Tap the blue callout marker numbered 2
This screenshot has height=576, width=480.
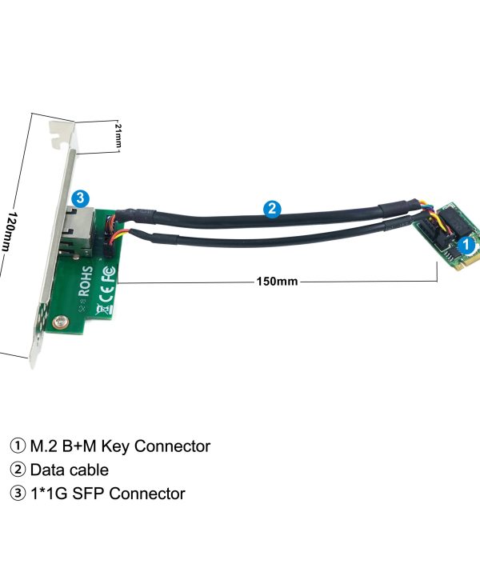point(273,210)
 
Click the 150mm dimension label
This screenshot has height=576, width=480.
point(277,282)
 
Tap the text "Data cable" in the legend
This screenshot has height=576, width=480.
point(69,470)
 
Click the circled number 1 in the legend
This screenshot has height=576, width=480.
point(18,446)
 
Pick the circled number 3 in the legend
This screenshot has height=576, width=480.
point(18,494)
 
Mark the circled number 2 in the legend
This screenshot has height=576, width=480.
point(18,470)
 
